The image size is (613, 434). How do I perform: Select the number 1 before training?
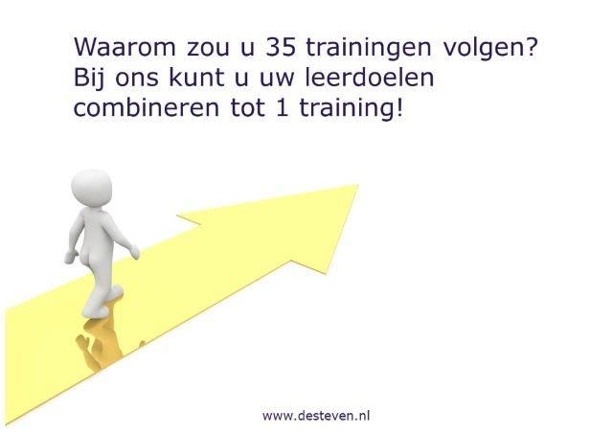[x=279, y=107]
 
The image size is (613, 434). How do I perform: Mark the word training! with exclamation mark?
[x=345, y=108]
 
